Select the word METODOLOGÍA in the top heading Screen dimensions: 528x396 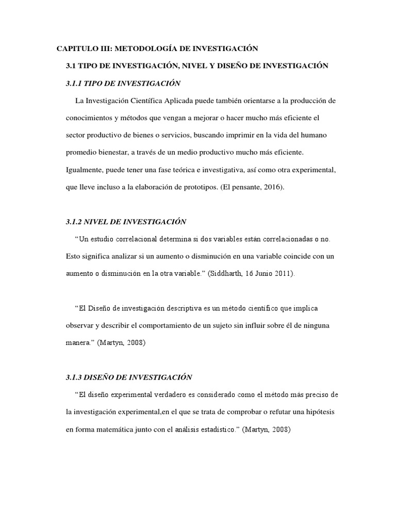click(145, 48)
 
